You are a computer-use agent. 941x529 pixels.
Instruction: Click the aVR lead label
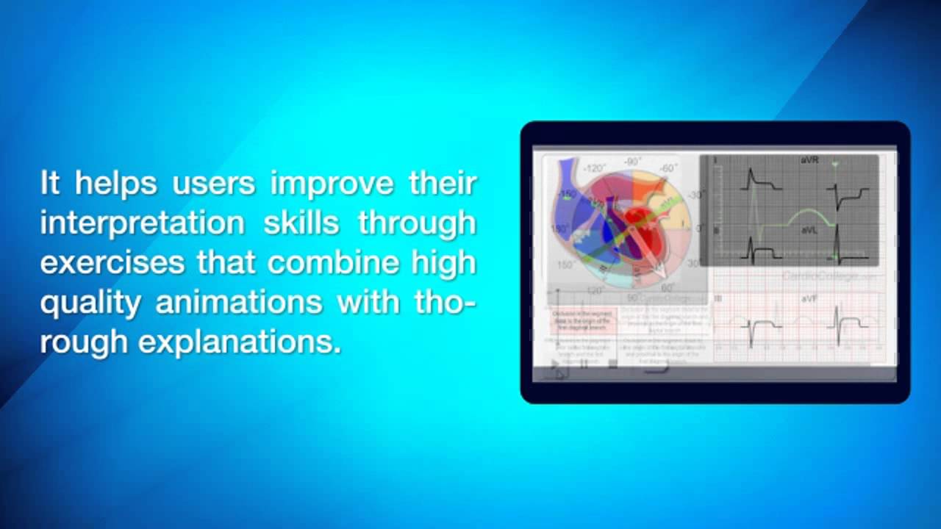coord(809,160)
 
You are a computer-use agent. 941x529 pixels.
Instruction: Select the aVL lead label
coord(809,231)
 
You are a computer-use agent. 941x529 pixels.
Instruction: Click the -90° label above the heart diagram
coord(633,161)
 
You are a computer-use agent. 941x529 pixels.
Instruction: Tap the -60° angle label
coord(668,168)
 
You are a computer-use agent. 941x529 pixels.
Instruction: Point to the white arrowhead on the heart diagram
coord(650,269)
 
